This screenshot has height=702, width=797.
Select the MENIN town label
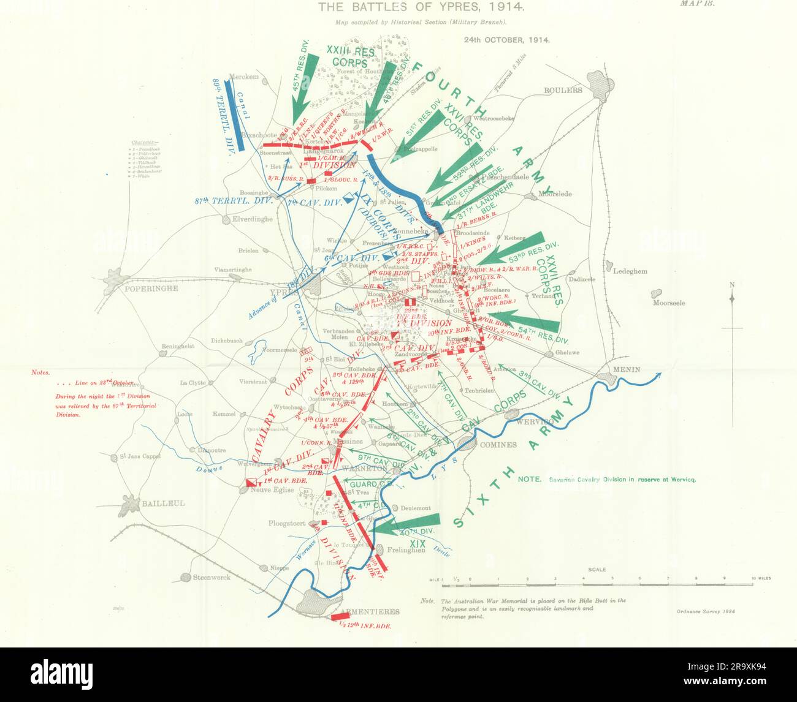point(623,369)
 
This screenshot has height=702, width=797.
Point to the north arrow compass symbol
point(732,297)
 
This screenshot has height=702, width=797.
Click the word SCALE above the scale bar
point(597,569)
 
